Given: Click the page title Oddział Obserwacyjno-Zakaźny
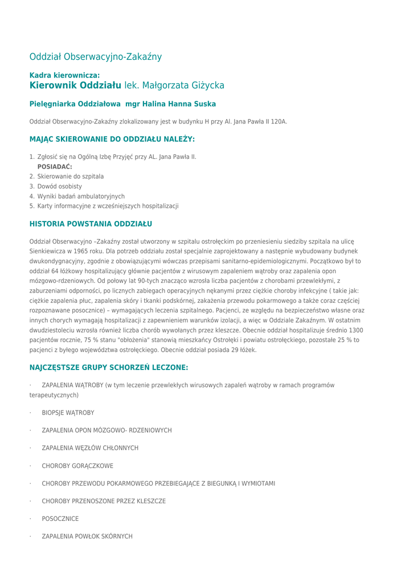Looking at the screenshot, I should click(x=96, y=57).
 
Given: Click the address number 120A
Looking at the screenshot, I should click(x=279, y=122).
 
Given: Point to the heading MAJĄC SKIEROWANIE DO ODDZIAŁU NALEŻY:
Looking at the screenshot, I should click(x=112, y=139).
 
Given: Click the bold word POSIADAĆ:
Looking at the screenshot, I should click(x=55, y=166).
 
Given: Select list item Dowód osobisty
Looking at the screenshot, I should click(x=60, y=186).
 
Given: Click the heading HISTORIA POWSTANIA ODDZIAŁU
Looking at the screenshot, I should click(x=91, y=224).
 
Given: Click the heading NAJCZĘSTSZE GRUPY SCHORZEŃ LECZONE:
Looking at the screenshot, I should click(x=109, y=368).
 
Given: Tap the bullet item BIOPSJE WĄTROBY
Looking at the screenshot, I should click(x=68, y=413).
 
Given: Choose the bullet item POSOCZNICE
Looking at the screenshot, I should click(x=60, y=519).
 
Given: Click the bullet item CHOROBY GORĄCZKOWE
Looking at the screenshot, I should click(x=77, y=466).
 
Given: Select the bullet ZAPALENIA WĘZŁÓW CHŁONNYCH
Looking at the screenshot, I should click(x=90, y=448).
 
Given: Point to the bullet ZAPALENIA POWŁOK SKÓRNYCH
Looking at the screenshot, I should click(x=87, y=537).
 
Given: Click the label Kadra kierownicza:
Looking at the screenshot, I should click(x=64, y=75).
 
